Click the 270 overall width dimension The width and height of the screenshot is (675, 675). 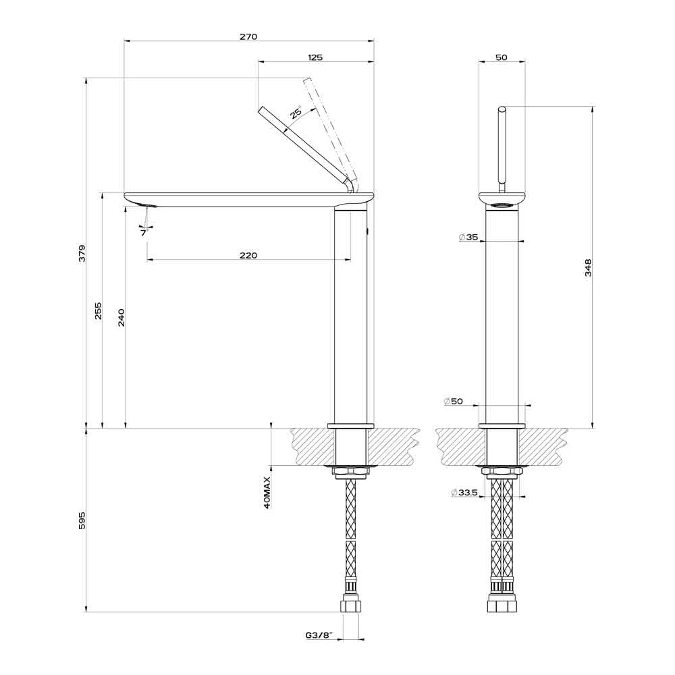248,36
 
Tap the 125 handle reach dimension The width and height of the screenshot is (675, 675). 315,57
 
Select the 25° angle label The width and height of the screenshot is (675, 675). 296,112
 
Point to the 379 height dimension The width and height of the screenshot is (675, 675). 82,254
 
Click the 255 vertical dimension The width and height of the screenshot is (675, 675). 98,310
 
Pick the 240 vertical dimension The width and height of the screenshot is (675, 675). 122,318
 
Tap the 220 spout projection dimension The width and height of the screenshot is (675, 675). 248,255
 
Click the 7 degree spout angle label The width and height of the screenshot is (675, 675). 143,233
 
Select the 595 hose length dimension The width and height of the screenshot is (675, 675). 82,520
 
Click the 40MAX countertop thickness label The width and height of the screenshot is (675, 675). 267,493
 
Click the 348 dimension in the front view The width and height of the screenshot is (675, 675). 589,267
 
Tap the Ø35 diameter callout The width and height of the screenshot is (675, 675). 468,237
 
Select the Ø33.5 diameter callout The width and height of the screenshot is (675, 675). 464,493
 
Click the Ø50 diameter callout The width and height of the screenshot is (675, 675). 454,401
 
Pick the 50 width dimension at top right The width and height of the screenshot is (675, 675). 502,57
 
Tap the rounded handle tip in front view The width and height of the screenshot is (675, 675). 502,109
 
